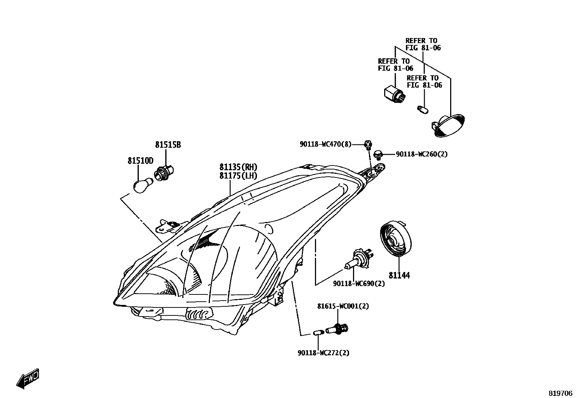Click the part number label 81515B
pos(168,145)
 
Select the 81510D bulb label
pos(140,160)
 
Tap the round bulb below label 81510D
pos(141,186)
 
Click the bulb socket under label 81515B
pos(165,172)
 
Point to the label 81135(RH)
pos(238,167)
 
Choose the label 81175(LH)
pos(238,176)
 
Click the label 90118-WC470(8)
pos(325,144)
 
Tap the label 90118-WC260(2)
pos(422,154)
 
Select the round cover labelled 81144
pos(396,240)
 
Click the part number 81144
pos(399,276)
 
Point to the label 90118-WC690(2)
pos(359,284)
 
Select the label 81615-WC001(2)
pos(343,306)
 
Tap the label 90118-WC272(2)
pos(323,353)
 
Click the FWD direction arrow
pos(28,378)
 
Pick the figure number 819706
pos(560,393)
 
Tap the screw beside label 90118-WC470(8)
pos(368,144)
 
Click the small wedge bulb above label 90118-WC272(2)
pos(317,332)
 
